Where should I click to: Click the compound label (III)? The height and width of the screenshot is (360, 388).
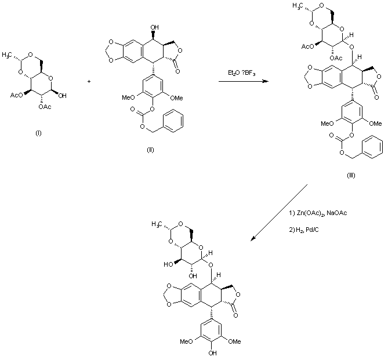(350, 175)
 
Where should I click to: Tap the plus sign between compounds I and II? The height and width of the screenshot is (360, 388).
(89, 82)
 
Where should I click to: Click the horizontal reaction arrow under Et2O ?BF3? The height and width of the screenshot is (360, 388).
(243, 82)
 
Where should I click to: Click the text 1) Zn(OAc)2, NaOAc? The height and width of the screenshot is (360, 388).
(318, 213)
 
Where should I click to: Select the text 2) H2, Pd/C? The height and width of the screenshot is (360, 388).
(306, 231)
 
